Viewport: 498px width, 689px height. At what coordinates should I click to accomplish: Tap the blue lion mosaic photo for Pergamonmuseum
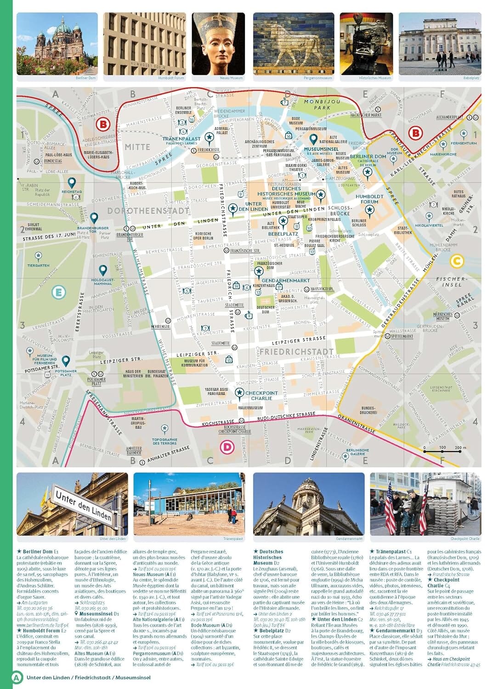click(293, 44)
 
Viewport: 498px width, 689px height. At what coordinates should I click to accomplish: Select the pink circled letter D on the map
click(227, 446)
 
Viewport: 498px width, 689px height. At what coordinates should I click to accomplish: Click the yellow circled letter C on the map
click(456, 261)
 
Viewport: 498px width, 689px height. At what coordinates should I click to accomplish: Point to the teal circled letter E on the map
click(58, 292)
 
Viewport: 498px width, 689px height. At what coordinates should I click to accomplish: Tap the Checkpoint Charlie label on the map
click(261, 395)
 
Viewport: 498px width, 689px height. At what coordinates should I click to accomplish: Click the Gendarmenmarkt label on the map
click(285, 280)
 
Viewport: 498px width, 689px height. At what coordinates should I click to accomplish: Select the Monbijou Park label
click(322, 104)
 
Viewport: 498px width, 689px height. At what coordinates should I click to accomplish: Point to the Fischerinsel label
click(452, 282)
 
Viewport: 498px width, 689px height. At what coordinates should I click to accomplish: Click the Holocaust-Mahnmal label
click(102, 282)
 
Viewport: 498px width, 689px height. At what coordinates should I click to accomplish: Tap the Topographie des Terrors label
click(164, 441)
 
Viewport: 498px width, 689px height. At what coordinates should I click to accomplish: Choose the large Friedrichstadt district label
click(296, 351)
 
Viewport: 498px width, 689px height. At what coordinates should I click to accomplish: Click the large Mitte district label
click(137, 147)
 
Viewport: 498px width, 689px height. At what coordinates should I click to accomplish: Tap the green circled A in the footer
click(17, 677)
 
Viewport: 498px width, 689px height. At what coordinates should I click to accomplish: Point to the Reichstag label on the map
click(71, 192)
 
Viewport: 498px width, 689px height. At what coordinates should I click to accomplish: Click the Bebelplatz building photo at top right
click(440, 44)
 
